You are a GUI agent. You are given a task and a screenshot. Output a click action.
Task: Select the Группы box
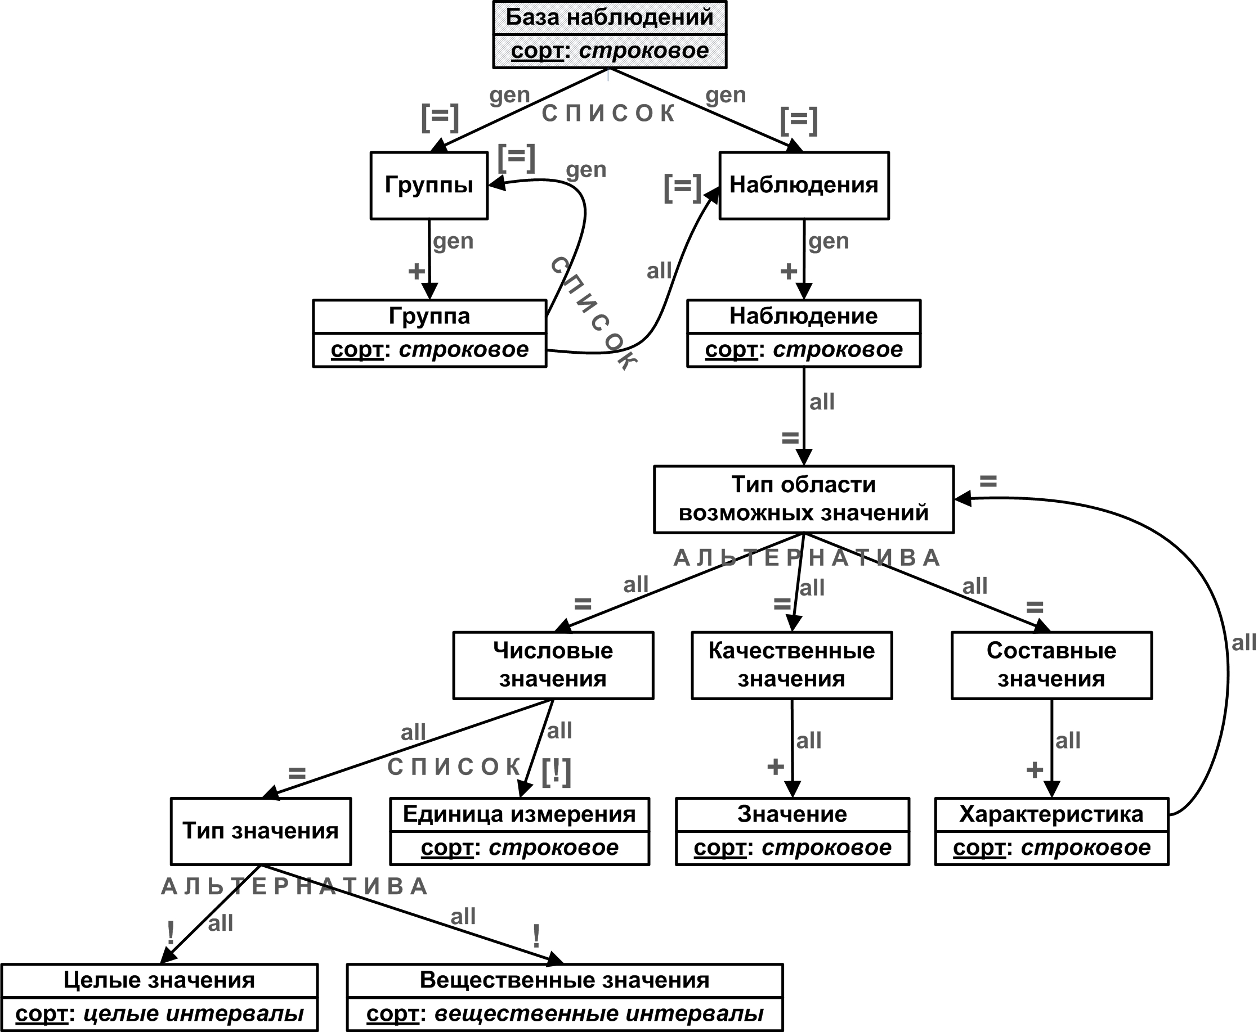pyautogui.click(x=429, y=186)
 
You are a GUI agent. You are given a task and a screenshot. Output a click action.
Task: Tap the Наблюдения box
pyautogui.click(x=804, y=186)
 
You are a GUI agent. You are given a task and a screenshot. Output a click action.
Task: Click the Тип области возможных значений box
pyautogui.click(x=804, y=499)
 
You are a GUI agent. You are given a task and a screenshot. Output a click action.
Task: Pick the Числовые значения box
pyautogui.click(x=553, y=665)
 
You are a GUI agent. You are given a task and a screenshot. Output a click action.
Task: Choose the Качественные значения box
pyautogui.click(x=792, y=665)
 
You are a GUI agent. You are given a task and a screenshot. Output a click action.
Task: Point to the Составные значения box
pyautogui.click(x=1051, y=665)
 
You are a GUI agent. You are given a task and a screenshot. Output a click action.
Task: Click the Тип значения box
pyautogui.click(x=261, y=831)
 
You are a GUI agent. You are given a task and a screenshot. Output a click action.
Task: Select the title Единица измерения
pyautogui.click(x=520, y=814)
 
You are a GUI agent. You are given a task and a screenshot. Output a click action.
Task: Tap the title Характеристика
pyautogui.click(x=1051, y=814)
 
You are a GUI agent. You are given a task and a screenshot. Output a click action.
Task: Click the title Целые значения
pyautogui.click(x=159, y=980)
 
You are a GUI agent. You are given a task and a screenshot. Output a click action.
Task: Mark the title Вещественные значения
pyautogui.click(x=565, y=980)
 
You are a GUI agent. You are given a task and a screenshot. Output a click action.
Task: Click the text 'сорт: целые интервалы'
pyautogui.click(x=159, y=1013)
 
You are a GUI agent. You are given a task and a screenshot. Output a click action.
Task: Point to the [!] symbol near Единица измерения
pyautogui.click(x=556, y=772)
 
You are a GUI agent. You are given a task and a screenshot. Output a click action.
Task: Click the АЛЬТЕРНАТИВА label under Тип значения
pyautogui.click(x=295, y=886)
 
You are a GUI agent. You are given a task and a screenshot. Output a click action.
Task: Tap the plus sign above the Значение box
pyautogui.click(x=776, y=767)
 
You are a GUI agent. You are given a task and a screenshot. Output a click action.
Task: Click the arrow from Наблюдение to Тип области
pyautogui.click(x=804, y=416)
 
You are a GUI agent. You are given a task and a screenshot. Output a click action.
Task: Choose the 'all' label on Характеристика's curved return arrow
pyautogui.click(x=1244, y=643)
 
